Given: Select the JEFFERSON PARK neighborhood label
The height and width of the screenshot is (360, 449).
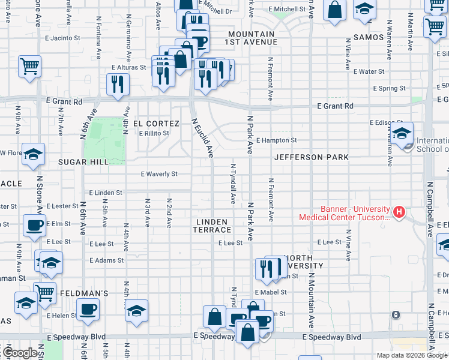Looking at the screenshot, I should coord(311,158).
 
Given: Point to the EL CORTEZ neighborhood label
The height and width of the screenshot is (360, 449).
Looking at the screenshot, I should coord(156,124).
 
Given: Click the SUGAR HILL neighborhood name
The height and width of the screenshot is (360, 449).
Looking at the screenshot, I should coord(83,162).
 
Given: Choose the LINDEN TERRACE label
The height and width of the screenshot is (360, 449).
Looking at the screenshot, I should coord(212,226).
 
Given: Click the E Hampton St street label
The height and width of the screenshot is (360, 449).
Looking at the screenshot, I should coord(276,140).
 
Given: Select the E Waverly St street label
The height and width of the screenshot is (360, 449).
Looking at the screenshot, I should coord(158,174).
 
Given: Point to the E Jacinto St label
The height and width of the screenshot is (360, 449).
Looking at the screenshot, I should coord(62,38).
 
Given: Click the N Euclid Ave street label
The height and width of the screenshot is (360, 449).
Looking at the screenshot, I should coord(203,138).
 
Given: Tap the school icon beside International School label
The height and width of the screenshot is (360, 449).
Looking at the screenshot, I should coord(403,131).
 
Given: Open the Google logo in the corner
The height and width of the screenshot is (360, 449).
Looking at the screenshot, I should coord(20,353).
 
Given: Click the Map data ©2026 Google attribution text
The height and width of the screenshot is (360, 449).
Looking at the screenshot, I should coord(411,355).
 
